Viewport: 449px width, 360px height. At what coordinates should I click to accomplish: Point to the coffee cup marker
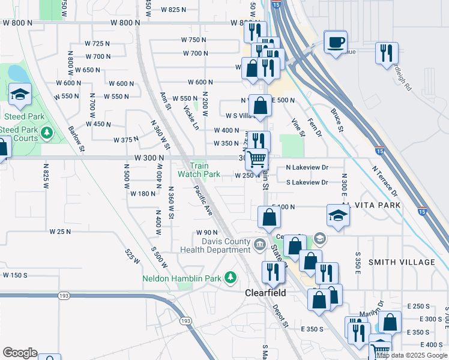336,42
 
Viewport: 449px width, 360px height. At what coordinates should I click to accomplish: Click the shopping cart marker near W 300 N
257,159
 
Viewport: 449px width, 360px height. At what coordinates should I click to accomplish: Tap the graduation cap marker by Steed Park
20,94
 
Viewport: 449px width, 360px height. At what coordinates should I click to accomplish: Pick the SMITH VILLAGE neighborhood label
402,262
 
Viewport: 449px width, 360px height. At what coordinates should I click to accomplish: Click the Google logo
20,353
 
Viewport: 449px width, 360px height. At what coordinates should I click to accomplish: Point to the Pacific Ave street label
203,200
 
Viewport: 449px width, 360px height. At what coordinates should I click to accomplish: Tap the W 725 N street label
97,44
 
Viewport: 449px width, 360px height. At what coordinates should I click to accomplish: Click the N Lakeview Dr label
307,168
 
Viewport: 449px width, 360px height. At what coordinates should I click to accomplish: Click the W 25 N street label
60,232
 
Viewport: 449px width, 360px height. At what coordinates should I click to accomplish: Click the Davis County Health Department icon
260,242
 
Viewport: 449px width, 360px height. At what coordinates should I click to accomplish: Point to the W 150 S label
15,275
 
